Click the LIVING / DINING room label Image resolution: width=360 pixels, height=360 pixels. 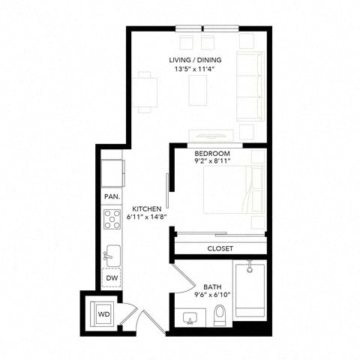[195, 60]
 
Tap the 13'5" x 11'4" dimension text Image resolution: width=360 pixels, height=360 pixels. [195, 69]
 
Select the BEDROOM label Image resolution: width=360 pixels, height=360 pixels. [212, 153]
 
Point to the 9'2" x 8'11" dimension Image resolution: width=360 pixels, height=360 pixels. [212, 160]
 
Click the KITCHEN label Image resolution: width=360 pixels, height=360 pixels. [147, 208]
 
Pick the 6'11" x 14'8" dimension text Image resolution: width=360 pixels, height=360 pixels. [147, 217]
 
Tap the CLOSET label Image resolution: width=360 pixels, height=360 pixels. [220, 248]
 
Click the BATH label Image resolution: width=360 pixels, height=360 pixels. [212, 286]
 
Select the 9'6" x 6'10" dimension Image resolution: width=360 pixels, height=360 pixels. [212, 295]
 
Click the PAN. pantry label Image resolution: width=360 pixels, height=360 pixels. [112, 196]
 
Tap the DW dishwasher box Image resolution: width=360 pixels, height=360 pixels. [112, 277]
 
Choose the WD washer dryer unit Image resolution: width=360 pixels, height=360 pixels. [103, 314]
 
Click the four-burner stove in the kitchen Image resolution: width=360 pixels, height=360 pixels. [112, 220]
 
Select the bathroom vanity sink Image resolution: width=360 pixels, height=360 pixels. [190, 318]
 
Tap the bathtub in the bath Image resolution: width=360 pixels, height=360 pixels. [250, 290]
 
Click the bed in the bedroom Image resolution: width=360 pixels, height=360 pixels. [234, 190]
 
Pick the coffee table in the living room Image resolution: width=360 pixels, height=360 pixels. [198, 90]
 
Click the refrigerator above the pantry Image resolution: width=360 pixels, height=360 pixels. [112, 173]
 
